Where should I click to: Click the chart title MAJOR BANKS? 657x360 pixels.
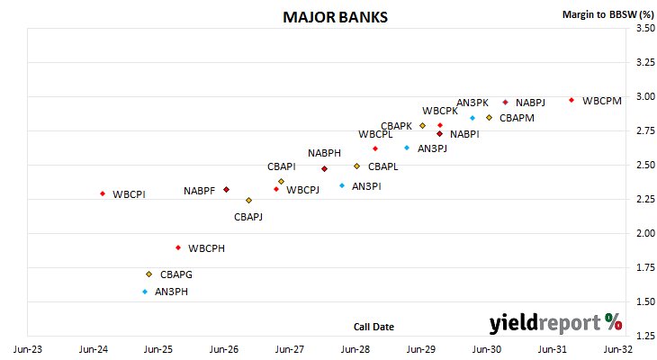[335, 17]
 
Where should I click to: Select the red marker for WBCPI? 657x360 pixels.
[103, 193]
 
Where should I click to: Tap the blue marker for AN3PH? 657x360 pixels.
[145, 292]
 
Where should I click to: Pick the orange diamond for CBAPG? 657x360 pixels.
[148, 274]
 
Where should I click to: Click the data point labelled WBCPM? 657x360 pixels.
[571, 100]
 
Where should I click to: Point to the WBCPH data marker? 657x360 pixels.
[178, 247]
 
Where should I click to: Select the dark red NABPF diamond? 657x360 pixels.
[226, 189]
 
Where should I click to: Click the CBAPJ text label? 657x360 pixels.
[248, 217]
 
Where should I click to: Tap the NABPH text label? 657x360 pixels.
[324, 153]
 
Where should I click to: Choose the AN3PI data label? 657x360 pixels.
[366, 186]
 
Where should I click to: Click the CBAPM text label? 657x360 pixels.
[517, 118]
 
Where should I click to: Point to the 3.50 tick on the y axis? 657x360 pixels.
[645, 28]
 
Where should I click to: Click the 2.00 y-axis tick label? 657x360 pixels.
[645, 233]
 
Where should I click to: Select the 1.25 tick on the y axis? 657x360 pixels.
[645, 336]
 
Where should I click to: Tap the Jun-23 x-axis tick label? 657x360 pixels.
[28, 349]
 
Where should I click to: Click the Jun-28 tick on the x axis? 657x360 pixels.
[355, 349]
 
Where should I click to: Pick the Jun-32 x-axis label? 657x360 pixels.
[618, 349]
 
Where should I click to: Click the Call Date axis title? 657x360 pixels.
[373, 327]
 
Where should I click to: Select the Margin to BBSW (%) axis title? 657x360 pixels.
[608, 14]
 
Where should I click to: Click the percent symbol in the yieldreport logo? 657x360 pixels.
[614, 322]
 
